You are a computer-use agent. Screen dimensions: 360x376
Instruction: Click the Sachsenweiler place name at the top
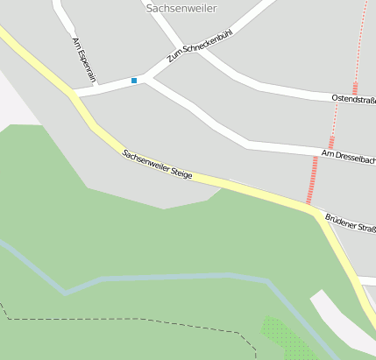pos(181,8)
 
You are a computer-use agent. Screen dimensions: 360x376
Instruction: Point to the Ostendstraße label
pos(353,100)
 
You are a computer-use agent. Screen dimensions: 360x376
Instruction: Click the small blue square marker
pos(134,81)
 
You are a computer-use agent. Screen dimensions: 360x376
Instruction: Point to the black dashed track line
pos(131,321)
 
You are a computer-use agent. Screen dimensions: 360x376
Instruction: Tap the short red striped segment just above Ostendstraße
pos(355,88)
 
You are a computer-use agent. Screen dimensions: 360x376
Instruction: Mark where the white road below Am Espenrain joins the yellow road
pos(72,92)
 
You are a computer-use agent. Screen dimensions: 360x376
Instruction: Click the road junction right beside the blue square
pos(148,79)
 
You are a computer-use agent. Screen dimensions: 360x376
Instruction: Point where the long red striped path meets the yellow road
pos(310,207)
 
